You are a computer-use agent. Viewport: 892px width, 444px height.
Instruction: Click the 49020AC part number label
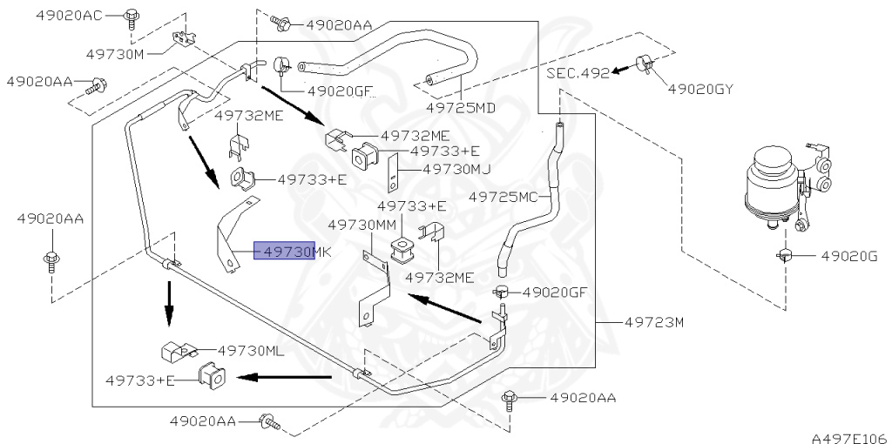[69, 16]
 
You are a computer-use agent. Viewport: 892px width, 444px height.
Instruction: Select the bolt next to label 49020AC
[132, 17]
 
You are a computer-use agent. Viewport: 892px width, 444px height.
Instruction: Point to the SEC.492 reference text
[578, 73]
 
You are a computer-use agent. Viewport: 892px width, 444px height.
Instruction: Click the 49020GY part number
[700, 89]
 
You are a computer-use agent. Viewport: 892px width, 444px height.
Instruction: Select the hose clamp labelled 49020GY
[644, 64]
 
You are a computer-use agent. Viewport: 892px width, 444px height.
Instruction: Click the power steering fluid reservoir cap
[771, 158]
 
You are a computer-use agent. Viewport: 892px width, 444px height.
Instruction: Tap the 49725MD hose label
[462, 107]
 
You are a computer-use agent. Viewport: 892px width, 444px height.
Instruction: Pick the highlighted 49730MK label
[293, 251]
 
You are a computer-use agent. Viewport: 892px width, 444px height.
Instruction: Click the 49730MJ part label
[456, 169]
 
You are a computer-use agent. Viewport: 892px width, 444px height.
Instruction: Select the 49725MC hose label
[503, 197]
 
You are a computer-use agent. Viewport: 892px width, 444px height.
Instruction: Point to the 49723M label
[654, 322]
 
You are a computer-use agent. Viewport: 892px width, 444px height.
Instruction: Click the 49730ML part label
[252, 351]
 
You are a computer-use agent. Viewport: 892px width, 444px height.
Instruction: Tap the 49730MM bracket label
[362, 225]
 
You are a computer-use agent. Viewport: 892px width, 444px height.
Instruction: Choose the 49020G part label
[849, 256]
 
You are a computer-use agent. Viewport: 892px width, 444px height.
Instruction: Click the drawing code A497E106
[851, 438]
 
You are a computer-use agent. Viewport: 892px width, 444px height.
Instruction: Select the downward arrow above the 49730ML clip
[169, 304]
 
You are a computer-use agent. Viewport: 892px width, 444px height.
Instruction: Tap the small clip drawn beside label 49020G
[786, 255]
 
